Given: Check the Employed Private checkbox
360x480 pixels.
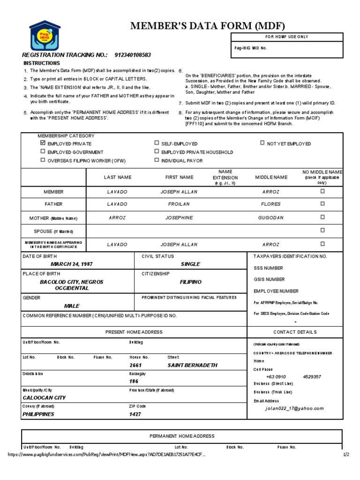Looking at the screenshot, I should [x=43, y=143].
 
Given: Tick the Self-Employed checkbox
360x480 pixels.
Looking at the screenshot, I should [x=157, y=143].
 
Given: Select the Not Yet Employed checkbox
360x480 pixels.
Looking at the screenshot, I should [x=262, y=143].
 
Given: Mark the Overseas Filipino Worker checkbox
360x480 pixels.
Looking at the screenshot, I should [x=43, y=160].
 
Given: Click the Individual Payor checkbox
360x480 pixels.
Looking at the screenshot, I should [x=157, y=160].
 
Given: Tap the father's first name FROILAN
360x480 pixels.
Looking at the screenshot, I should [x=179, y=204].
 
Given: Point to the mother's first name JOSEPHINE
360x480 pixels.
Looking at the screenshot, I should [x=179, y=217].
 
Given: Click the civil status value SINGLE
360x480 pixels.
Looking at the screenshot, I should [x=190, y=264].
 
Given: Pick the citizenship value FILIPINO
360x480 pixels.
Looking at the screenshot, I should [x=190, y=282].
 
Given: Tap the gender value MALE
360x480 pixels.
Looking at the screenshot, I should [x=72, y=306].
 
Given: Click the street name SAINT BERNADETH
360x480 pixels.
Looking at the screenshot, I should [x=192, y=365].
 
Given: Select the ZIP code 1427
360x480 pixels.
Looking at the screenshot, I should [x=135, y=414].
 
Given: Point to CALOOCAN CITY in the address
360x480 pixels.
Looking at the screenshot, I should [x=45, y=397].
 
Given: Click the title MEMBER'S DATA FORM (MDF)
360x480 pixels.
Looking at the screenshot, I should [x=207, y=26].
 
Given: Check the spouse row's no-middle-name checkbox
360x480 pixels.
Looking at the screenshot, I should [x=322, y=230].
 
